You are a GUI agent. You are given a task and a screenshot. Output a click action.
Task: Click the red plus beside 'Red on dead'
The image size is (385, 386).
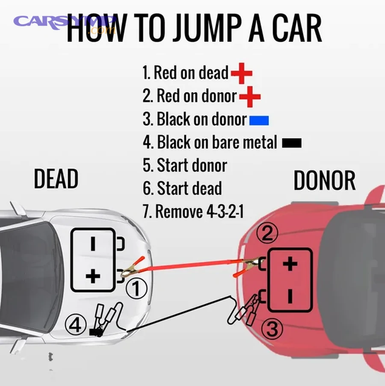coord(241,74)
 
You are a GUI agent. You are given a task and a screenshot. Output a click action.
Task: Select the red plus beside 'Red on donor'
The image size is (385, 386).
coord(250,97)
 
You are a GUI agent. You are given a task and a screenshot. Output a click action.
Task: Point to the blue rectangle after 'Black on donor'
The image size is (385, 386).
coord(259,120)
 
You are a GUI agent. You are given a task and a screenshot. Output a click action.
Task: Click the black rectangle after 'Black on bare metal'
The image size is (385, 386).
coord(292,143)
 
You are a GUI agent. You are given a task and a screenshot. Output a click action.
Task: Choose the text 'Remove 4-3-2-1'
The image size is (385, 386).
coord(199,212)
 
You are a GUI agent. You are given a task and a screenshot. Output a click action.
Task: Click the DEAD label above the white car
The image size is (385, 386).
coord(56,179)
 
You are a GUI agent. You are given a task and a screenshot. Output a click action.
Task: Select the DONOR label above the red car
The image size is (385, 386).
coord(324,180)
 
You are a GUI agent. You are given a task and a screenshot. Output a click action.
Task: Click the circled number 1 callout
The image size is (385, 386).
coord(136,289)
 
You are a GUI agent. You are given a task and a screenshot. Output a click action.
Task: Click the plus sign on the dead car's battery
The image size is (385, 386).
coord(93,276)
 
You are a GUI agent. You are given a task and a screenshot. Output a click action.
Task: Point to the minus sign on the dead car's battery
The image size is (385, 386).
coord(93,243)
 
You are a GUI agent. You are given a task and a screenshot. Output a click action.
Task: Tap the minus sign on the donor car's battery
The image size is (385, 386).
coord(290,296)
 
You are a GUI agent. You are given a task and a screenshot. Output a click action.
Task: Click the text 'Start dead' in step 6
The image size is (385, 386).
coord(189,189)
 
